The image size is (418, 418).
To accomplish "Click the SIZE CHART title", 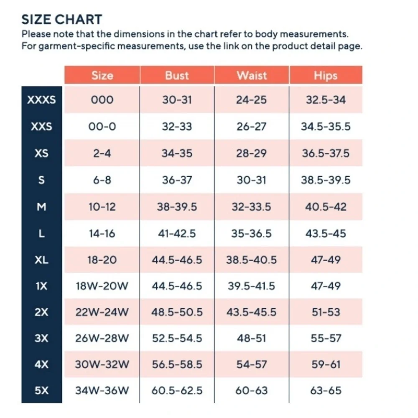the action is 62,20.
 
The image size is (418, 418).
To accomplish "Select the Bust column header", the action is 177,75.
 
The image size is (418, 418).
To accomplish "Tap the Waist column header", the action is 252,75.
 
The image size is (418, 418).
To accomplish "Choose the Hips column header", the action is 326,75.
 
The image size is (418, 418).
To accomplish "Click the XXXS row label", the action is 41,100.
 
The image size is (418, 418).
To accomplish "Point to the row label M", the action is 41,206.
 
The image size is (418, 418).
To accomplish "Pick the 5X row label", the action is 41,390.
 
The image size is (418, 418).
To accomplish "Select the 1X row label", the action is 41,286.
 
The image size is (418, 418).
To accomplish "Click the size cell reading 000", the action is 102,100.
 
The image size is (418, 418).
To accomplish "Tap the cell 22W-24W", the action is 102,312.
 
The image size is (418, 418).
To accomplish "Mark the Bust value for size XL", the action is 177,260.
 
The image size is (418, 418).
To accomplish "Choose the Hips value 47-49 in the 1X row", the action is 326,286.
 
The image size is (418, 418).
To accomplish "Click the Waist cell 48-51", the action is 252,338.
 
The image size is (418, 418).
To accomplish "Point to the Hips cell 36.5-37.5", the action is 326,153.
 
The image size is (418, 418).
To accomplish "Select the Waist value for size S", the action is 252,180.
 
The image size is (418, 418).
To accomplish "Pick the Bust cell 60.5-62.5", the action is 177,390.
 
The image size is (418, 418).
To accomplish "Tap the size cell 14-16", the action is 102,234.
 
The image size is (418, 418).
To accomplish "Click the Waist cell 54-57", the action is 252,364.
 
